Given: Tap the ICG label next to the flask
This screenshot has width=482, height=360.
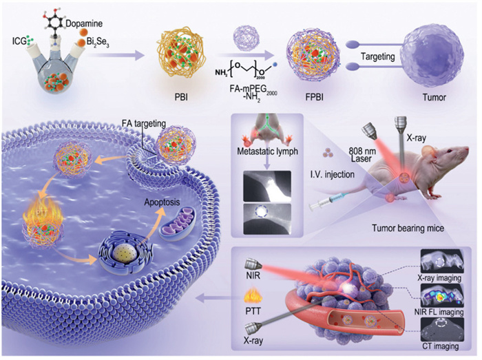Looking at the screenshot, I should click(x=19, y=38).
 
